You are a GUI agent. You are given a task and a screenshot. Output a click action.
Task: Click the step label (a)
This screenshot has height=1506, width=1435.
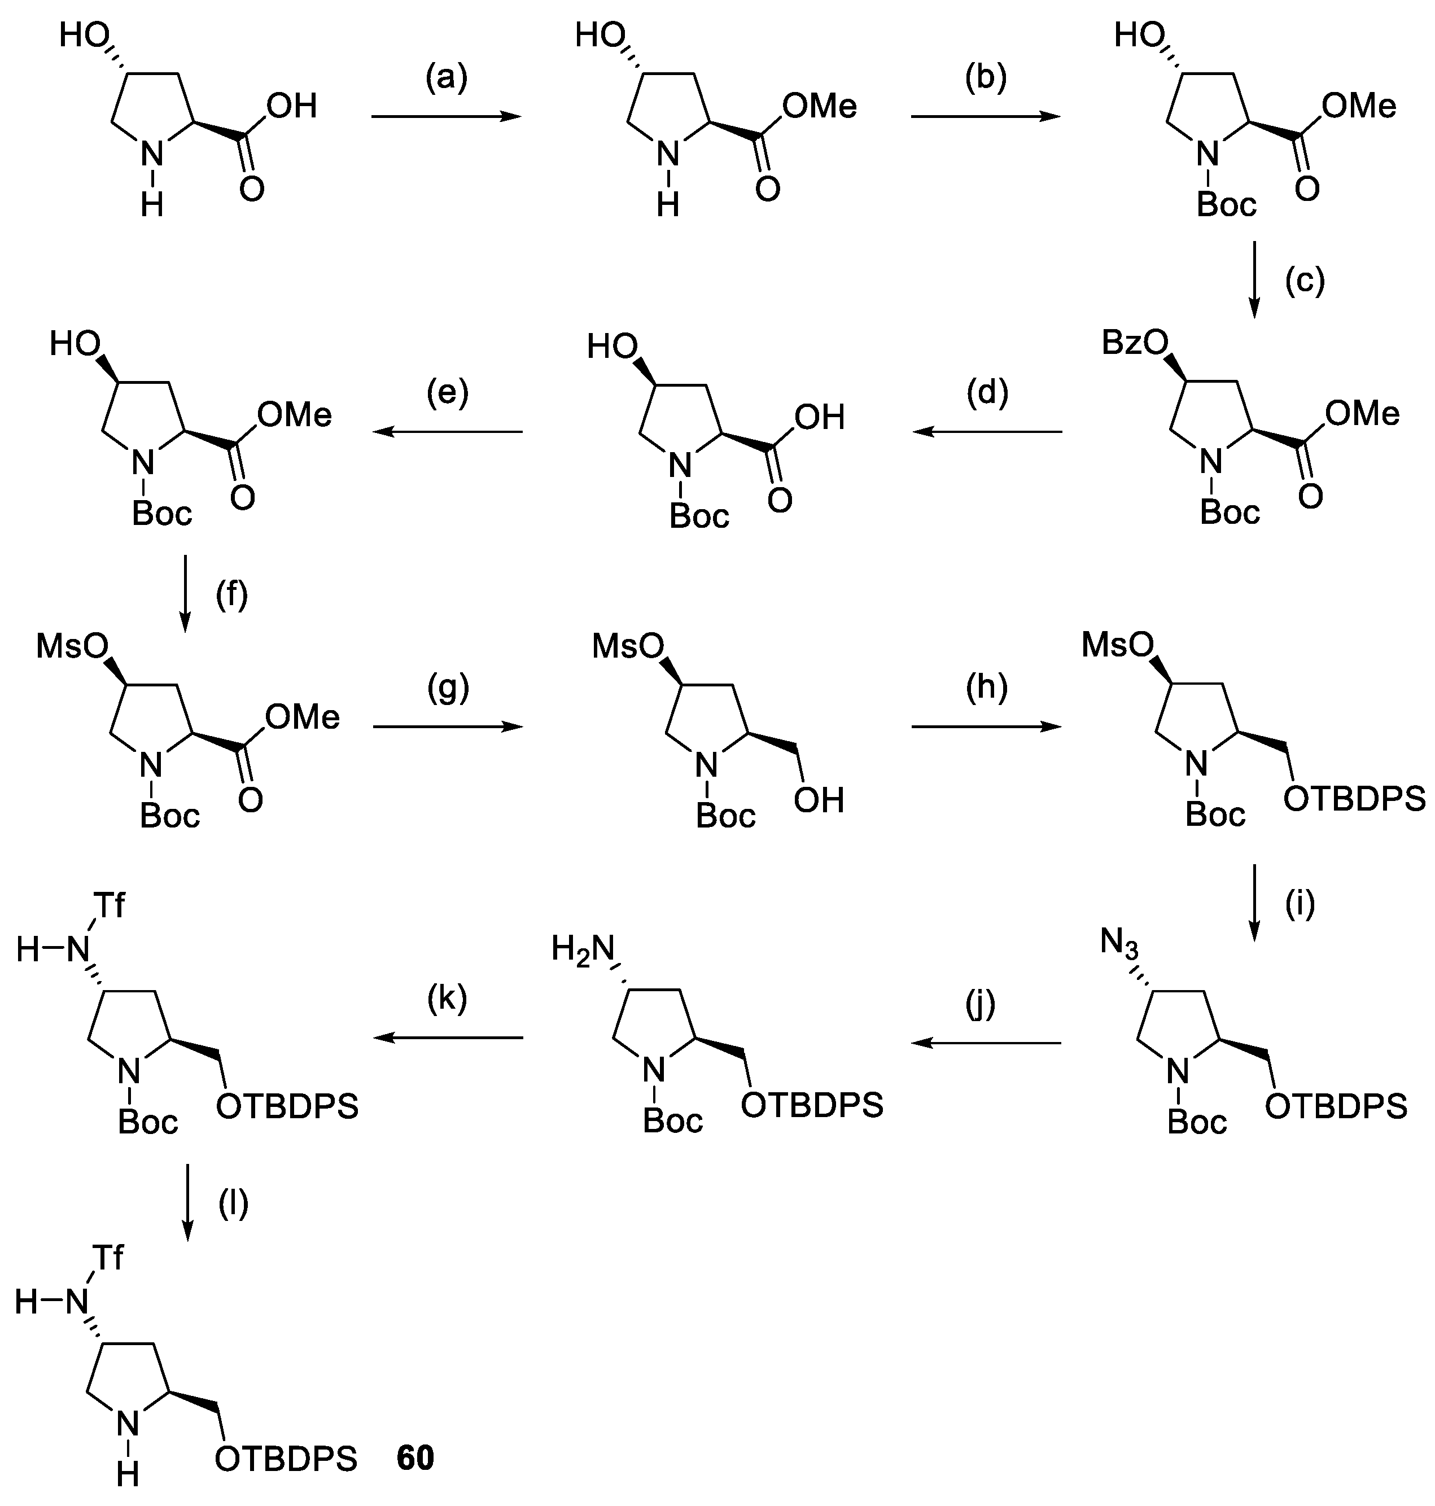tap(446, 79)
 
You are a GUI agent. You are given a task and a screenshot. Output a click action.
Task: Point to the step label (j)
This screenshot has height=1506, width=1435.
tap(981, 1004)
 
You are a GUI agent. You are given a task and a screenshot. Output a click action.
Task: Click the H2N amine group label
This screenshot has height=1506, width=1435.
tap(583, 951)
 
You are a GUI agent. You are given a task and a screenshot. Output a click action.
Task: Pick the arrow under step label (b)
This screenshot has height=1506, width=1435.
tap(985, 117)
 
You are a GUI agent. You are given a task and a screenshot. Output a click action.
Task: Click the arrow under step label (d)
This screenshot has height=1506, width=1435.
tap(987, 432)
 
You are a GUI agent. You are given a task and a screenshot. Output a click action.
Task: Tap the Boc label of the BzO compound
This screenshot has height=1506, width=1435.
tap(1230, 511)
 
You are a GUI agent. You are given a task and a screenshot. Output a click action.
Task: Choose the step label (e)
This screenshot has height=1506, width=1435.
tap(448, 392)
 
